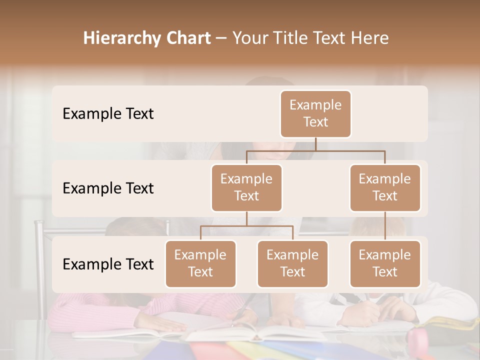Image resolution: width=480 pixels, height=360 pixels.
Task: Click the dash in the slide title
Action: click(221, 39)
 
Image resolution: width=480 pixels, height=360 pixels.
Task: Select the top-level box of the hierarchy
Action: click(315, 114)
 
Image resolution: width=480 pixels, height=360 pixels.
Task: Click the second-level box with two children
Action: click(246, 188)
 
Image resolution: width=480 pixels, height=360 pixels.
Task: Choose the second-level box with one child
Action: click(385, 188)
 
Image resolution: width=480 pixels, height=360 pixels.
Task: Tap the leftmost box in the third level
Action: click(200, 264)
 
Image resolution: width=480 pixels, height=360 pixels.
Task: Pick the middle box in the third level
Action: click(292, 264)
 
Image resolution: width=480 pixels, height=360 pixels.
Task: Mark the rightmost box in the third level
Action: click(385, 264)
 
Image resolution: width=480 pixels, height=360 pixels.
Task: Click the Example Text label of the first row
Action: click(108, 114)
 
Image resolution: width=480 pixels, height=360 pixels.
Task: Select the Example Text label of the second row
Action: click(108, 188)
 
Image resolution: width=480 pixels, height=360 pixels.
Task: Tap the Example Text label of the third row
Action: click(108, 264)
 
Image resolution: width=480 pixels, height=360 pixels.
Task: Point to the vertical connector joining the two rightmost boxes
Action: click(385, 226)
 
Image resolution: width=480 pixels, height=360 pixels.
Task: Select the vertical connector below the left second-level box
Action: click(246, 218)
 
